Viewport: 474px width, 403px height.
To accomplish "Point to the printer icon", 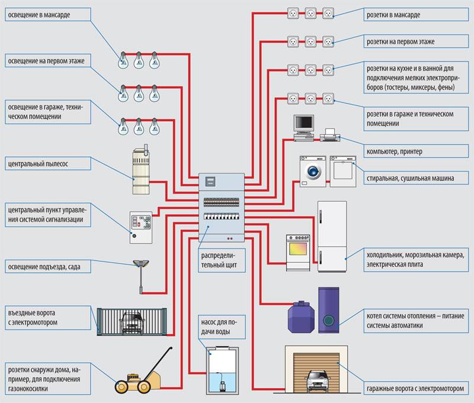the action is coord(329,136).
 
